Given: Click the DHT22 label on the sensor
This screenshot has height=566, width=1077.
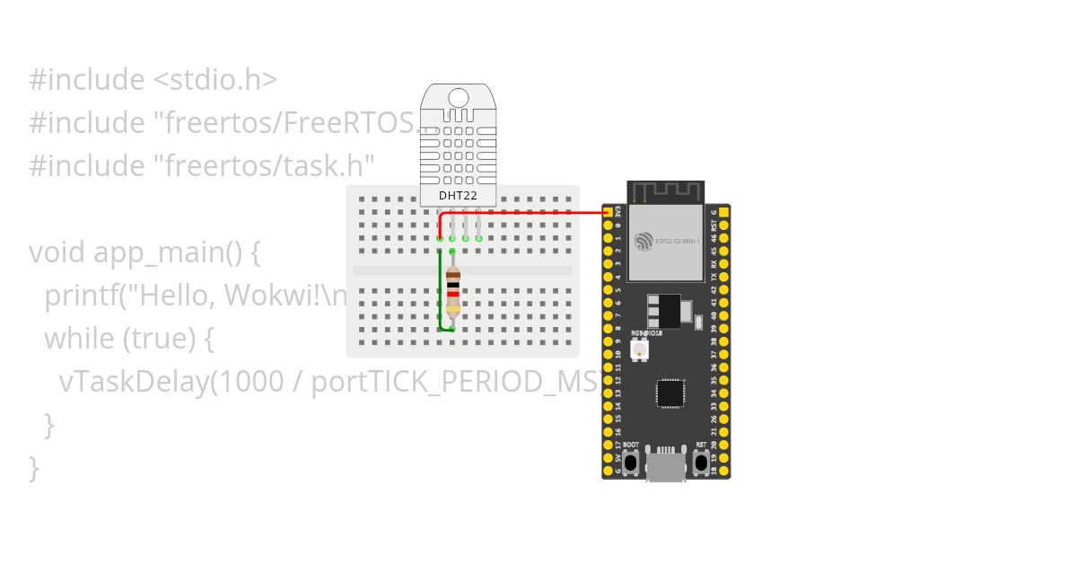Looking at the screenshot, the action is tap(458, 195).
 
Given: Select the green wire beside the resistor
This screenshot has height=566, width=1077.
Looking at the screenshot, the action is tap(440, 287).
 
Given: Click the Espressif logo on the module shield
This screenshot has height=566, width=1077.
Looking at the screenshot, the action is tap(644, 241).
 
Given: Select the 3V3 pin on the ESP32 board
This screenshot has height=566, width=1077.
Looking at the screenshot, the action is tap(609, 212).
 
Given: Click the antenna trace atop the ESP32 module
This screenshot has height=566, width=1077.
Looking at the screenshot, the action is tap(665, 192).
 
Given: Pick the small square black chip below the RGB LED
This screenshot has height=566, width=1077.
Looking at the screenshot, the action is tap(670, 393).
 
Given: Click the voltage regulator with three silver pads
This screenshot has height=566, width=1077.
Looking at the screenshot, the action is tap(663, 311).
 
